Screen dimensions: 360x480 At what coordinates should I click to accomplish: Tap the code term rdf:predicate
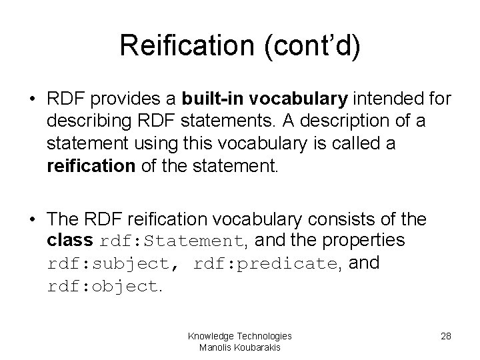click(x=265, y=264)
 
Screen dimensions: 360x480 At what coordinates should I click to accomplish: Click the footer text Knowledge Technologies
click(x=239, y=336)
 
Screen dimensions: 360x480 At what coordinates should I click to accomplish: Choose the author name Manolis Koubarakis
click(x=239, y=347)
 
